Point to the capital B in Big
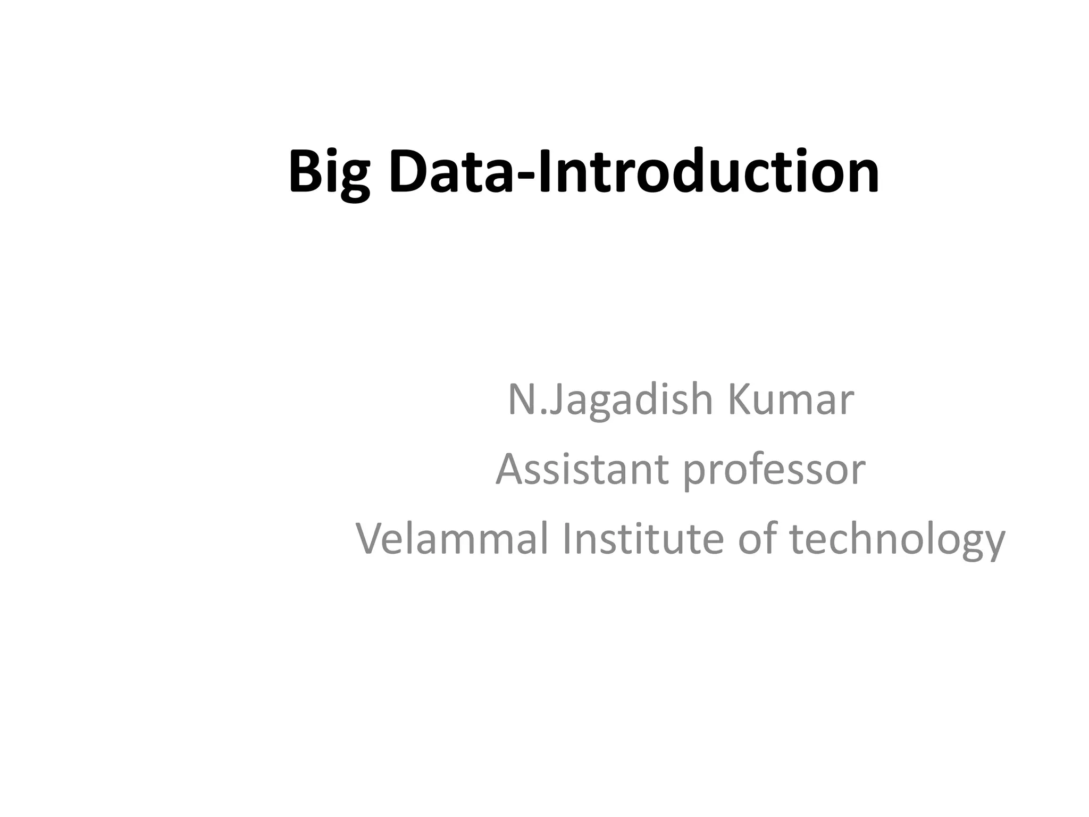304,171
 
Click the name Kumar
790,400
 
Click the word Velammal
451,538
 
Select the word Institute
642,538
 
